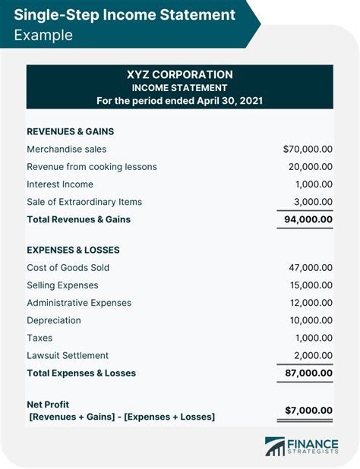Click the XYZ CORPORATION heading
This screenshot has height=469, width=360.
[x=179, y=74]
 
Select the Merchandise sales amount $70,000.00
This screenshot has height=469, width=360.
[x=308, y=150]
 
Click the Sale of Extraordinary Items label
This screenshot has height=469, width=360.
[x=84, y=202]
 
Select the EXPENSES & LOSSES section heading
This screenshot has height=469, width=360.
[x=73, y=250]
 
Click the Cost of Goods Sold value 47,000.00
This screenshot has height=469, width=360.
[x=309, y=268]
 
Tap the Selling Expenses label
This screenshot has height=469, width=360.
[x=62, y=285]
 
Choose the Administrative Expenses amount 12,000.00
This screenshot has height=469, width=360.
[x=309, y=303]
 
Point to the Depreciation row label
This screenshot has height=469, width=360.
[x=55, y=320]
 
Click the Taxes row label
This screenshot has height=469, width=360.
[x=39, y=338]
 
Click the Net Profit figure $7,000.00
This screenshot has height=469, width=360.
[x=308, y=410]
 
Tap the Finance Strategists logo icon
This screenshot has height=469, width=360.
[x=273, y=447]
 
